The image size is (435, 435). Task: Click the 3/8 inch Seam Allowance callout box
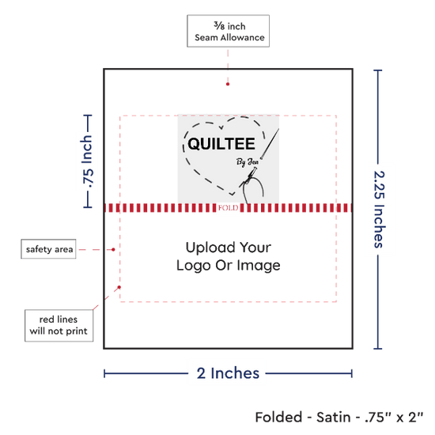click(228, 31)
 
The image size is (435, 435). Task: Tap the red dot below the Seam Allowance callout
click(228, 84)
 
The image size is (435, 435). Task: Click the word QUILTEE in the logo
click(221, 144)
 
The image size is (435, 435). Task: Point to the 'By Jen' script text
click(248, 161)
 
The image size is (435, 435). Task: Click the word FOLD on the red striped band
click(228, 208)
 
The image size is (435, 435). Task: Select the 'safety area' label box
click(48, 249)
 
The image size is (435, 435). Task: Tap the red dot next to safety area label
click(113, 250)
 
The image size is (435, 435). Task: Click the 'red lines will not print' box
click(59, 325)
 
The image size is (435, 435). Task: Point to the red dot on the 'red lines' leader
click(119, 287)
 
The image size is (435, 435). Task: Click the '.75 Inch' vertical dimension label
click(87, 161)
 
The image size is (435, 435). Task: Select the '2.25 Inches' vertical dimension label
click(379, 209)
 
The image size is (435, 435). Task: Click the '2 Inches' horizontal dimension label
click(228, 373)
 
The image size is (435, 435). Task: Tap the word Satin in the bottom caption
click(334, 418)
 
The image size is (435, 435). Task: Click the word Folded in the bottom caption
click(278, 418)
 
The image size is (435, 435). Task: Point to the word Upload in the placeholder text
click(210, 248)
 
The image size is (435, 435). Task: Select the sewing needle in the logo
click(270, 143)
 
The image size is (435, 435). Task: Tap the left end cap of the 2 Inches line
click(104, 373)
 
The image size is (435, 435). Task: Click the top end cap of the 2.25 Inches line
click(378, 70)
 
